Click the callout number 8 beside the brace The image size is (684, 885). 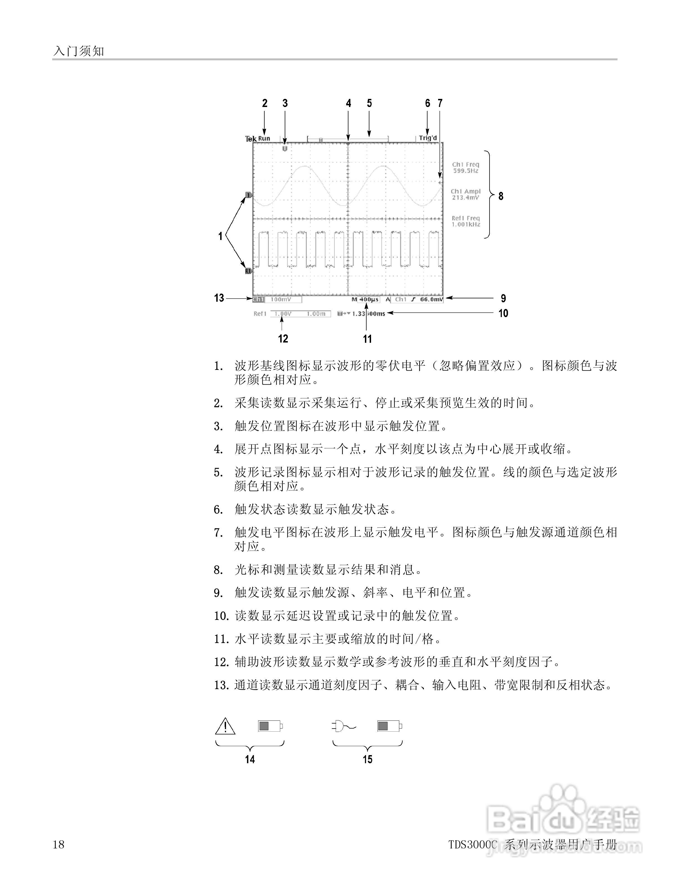[x=501, y=196]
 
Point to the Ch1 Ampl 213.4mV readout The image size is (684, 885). [x=465, y=194]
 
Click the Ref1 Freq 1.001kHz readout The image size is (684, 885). [x=465, y=221]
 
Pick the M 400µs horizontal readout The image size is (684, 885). [x=365, y=299]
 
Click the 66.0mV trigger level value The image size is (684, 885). [x=432, y=299]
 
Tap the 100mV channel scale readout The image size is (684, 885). [x=281, y=299]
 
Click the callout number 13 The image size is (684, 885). [x=219, y=298]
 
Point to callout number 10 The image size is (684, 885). [x=503, y=313]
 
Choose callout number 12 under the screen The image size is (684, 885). [x=283, y=339]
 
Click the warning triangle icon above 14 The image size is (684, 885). [x=225, y=726]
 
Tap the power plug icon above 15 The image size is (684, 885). [x=343, y=726]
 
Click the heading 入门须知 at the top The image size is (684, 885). [x=79, y=51]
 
